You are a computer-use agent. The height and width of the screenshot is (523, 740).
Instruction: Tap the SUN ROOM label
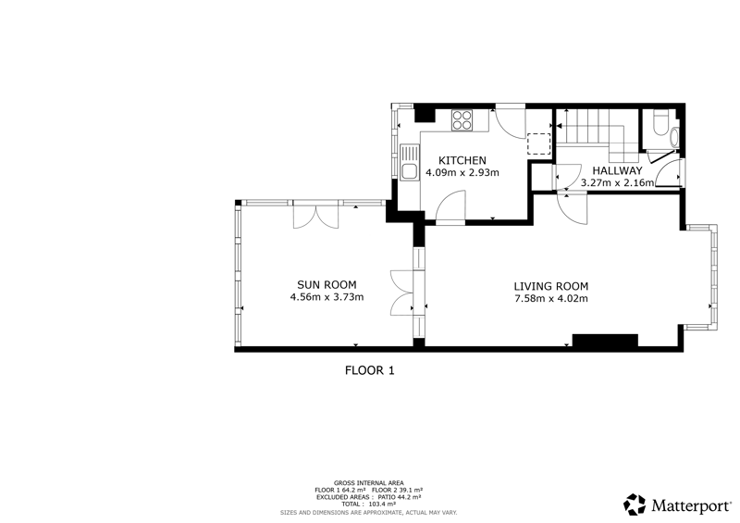click(327, 285)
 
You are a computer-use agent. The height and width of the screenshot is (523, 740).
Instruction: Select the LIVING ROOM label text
click(550, 286)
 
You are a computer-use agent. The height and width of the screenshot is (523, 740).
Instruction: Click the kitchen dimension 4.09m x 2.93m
click(462, 173)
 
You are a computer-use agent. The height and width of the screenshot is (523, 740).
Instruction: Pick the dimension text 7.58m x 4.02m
click(550, 299)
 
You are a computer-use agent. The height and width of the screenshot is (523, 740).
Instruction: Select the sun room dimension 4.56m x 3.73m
click(327, 297)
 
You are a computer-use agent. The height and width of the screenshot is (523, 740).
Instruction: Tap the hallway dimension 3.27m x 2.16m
click(617, 183)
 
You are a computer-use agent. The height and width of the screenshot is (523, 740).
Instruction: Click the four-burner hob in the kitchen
click(462, 119)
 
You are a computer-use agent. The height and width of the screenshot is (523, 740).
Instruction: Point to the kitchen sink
click(410, 162)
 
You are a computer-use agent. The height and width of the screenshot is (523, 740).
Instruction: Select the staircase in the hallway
click(596, 133)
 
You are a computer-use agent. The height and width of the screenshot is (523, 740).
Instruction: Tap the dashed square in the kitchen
click(538, 144)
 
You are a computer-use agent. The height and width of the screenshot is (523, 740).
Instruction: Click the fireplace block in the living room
click(605, 341)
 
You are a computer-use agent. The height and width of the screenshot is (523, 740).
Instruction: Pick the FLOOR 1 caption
click(369, 370)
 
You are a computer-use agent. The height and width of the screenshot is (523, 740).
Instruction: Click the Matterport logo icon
click(635, 504)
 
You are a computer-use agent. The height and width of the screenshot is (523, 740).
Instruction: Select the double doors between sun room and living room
click(402, 293)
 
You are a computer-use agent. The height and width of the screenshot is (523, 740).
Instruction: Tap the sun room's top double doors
click(315, 215)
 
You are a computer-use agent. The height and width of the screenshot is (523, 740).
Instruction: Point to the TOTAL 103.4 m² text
click(368, 504)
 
